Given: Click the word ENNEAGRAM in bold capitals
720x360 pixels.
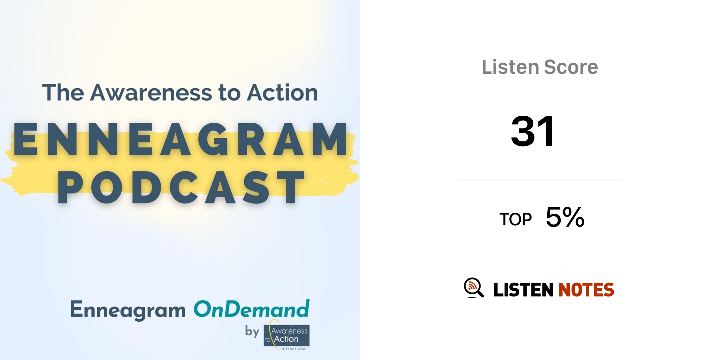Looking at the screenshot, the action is point(180,139).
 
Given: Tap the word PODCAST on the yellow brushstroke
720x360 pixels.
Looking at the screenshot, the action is point(181,187).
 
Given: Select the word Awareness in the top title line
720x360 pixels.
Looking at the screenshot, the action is point(151,93).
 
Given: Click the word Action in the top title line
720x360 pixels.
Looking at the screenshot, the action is point(282,93).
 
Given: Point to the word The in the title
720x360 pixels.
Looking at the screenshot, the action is point(63,93).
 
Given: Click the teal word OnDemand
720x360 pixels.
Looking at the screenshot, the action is point(252,309).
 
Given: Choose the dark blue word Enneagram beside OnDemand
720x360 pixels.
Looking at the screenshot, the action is point(128,310).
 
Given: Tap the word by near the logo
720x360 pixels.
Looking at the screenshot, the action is point(252,331).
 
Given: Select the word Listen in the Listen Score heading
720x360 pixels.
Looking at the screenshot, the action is point(510,67).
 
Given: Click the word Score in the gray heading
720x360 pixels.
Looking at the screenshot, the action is point(571,67).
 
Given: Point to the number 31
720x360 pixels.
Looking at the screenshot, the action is point(533,131).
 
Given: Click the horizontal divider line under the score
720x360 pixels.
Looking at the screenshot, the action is point(540,180).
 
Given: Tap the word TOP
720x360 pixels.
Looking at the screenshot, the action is point(515,220).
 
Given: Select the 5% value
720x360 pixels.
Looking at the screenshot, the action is point(565,217).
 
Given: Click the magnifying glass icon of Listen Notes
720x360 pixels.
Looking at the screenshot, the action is point(474,288).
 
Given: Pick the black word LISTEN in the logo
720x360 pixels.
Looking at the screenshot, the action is point(523,290).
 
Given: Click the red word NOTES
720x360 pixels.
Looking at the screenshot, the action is point(586,290).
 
